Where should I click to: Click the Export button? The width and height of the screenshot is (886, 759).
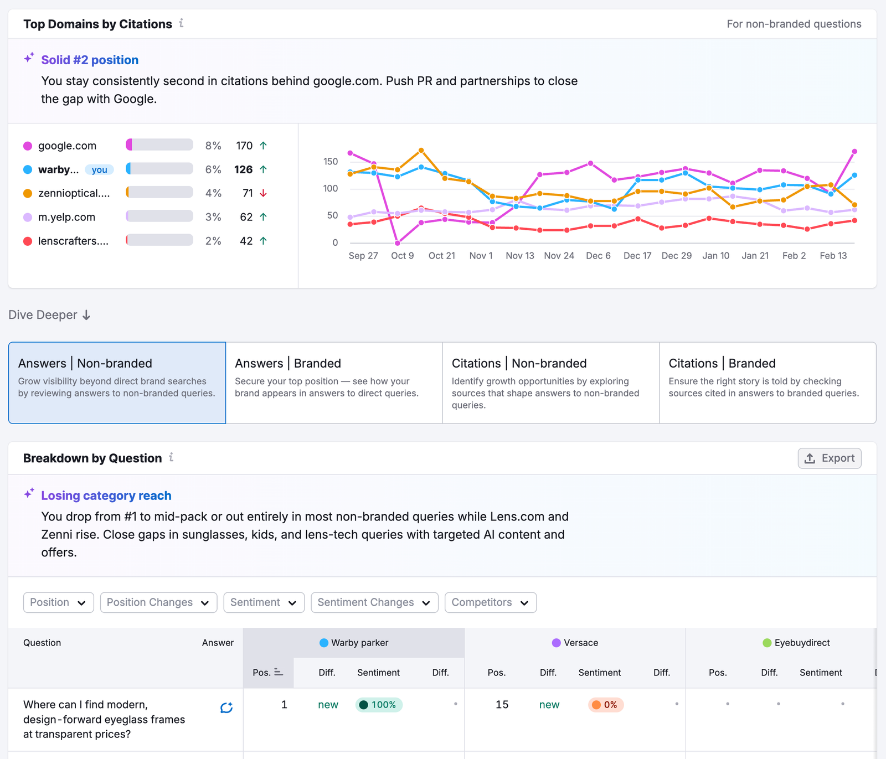829,458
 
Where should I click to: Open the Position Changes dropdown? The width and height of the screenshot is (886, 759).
158,602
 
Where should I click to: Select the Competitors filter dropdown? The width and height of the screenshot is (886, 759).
490,602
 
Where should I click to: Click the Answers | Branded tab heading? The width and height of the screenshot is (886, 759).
287,363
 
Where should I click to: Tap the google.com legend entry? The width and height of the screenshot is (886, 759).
67,146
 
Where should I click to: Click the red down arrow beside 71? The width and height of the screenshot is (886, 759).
264,193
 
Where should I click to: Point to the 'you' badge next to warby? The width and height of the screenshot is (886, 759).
99,169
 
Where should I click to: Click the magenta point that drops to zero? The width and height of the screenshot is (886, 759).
398,243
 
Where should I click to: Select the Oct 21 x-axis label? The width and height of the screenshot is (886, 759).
441,256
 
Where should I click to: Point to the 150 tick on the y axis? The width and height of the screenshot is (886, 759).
331,162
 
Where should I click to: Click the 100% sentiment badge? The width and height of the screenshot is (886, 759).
379,705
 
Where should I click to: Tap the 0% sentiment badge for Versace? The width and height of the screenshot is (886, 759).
605,705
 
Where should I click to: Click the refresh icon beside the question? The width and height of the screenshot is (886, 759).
226,708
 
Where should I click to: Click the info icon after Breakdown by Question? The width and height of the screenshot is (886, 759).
171,457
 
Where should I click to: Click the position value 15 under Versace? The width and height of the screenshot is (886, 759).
502,705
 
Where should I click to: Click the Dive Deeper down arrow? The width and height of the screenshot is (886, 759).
86,315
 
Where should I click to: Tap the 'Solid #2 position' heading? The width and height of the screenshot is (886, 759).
90,60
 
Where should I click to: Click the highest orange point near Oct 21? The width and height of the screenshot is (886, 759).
421,150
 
